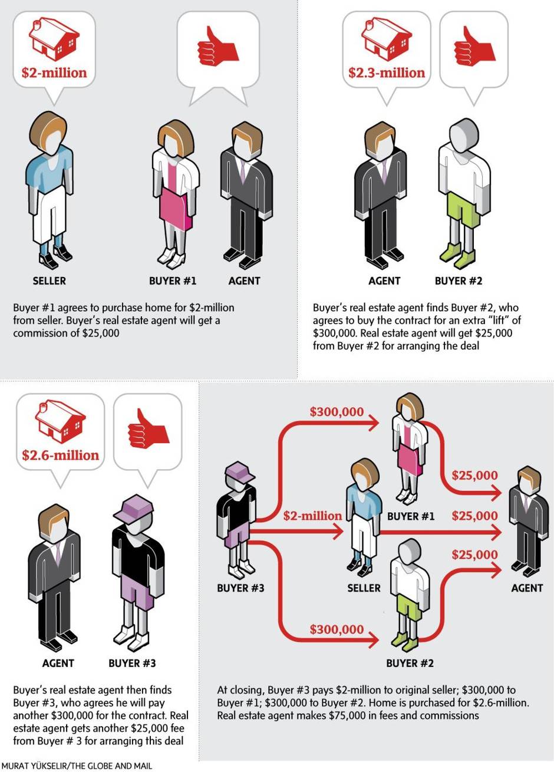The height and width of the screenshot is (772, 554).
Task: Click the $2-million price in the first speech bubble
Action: click(54, 73)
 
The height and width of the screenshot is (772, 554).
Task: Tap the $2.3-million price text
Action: click(386, 73)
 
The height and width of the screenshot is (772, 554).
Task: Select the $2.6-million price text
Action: click(60, 456)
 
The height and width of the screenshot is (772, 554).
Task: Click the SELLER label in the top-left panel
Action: click(49, 281)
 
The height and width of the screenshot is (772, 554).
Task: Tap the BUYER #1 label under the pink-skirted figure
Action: click(172, 281)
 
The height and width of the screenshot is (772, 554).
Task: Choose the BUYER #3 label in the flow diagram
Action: click(240, 588)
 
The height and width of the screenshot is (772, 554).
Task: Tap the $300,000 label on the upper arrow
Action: click(337, 412)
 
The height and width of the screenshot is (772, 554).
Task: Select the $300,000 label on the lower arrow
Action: click(337, 629)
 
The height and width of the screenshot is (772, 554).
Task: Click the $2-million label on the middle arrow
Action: click(312, 516)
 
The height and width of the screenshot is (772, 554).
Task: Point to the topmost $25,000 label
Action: click(474, 475)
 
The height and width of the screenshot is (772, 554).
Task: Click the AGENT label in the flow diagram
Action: click(526, 588)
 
